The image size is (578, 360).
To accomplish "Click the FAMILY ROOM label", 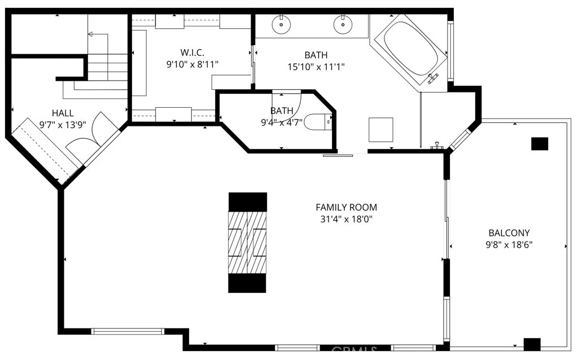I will click(x=346, y=207).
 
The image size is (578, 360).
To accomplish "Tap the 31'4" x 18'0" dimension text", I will click(x=346, y=219).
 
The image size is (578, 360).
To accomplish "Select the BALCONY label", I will click(x=509, y=232).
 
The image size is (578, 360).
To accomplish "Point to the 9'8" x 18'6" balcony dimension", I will click(x=509, y=244).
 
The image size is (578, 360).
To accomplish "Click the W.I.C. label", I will click(x=192, y=52).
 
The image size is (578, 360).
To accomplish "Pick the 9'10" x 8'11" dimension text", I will click(x=192, y=64).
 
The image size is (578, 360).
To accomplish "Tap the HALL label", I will click(x=63, y=113).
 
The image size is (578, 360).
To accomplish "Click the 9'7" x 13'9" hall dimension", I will click(x=63, y=125).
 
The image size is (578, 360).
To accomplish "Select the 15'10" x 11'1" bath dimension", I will click(x=316, y=67).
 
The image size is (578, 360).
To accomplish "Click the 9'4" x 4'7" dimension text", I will click(x=282, y=122).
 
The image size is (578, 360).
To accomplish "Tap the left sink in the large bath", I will click(x=281, y=24).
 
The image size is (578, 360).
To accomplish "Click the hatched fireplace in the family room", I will click(x=247, y=242).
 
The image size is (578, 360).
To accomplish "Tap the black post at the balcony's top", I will click(x=540, y=144).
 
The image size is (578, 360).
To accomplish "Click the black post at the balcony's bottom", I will click(x=532, y=344).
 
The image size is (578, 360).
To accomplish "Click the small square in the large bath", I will click(x=380, y=130).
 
